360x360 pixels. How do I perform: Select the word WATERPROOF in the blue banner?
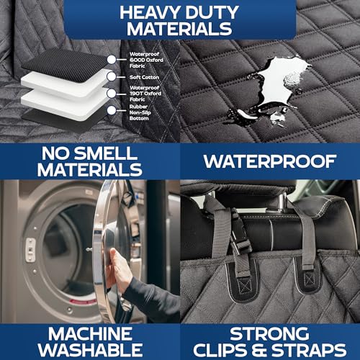(270, 161)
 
